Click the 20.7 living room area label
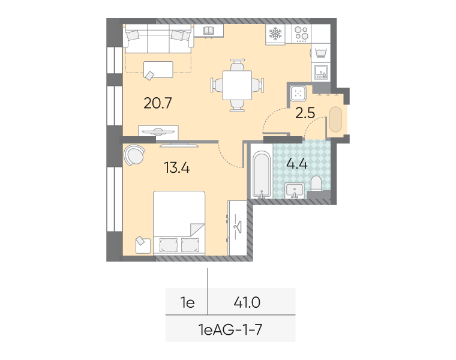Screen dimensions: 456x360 click(x=158, y=103)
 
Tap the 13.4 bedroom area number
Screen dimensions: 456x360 click(x=177, y=168)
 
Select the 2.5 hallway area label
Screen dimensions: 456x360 click(x=305, y=113)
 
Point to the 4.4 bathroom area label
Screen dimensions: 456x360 click(x=297, y=164)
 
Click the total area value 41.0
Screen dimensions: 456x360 click(x=247, y=302)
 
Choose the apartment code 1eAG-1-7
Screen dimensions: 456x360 click(x=230, y=330)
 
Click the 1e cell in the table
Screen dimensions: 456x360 click(x=188, y=302)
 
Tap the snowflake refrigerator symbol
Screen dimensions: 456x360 click(x=275, y=34)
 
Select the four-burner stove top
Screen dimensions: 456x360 click(x=301, y=34)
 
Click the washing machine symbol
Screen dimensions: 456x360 click(x=321, y=53)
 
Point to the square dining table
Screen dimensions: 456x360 click(x=238, y=85)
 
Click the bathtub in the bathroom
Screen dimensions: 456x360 click(x=262, y=175)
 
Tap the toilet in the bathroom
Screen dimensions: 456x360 click(x=316, y=184)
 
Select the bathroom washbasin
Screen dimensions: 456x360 click(x=295, y=190)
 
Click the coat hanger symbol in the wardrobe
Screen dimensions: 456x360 click(x=238, y=227)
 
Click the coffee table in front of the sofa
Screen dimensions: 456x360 click(x=158, y=70)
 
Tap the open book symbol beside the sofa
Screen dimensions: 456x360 click(x=209, y=30)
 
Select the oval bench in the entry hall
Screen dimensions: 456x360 click(x=335, y=119)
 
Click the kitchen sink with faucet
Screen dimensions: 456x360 click(x=321, y=73)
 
